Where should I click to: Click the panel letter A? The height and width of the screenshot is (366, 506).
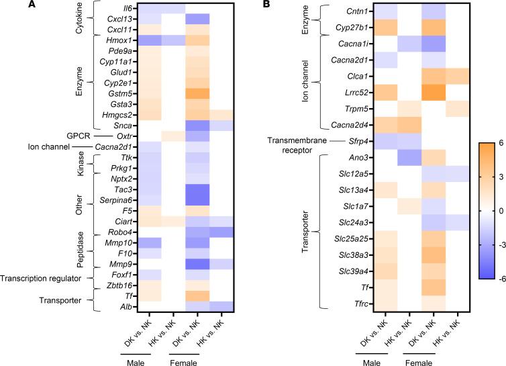tap(31, 6)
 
